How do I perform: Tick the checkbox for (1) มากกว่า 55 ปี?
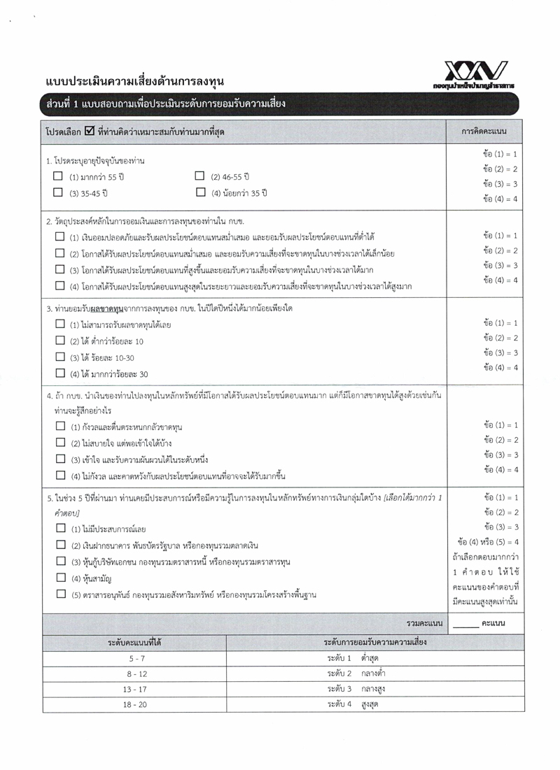coord(59,176)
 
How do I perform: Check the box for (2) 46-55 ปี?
coord(199,176)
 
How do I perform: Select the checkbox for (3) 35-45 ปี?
coord(59,192)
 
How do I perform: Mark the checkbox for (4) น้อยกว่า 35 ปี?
coord(199,192)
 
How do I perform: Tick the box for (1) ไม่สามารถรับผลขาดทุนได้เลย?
coord(59,325)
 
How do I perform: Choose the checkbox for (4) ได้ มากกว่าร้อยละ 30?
coord(59,373)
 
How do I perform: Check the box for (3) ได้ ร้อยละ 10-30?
coord(59,357)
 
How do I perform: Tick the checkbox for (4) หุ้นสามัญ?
coord(59,578)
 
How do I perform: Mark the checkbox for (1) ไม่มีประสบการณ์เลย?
coord(59,528)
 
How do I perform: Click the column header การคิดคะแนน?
coord(484,131)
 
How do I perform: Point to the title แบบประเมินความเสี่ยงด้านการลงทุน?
coord(134,81)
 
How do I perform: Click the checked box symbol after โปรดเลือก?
coord(89,131)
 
